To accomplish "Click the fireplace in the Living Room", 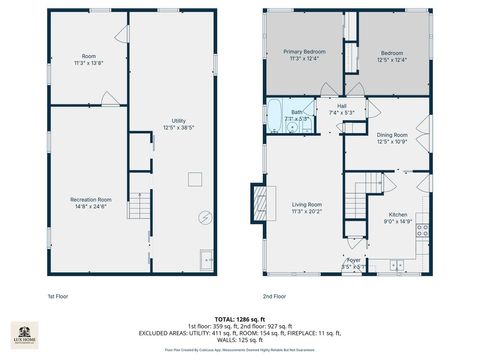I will pyautogui.click(x=262, y=202).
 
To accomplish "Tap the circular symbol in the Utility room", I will pyautogui.click(x=204, y=217).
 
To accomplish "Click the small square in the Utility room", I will pyautogui.click(x=197, y=179).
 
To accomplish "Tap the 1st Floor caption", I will pyautogui.click(x=59, y=296).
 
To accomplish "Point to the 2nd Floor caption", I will pyautogui.click(x=275, y=296).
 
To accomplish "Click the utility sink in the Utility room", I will pyautogui.click(x=207, y=259).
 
